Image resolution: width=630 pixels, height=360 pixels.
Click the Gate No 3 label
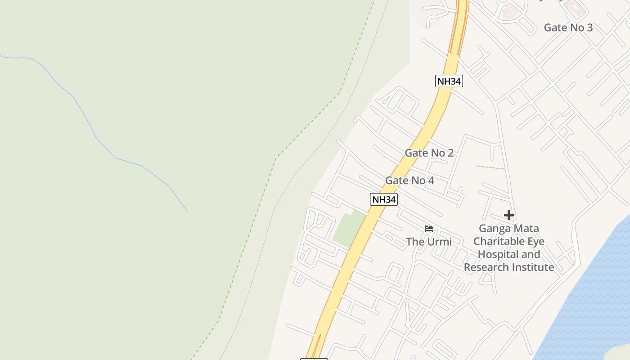click(x=568, y=27)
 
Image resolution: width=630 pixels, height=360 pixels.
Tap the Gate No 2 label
click(x=429, y=153)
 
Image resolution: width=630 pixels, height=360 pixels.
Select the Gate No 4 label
click(x=409, y=181)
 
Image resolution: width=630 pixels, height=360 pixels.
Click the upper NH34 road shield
click(x=449, y=81)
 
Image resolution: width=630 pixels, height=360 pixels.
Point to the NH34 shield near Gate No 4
click(x=384, y=199)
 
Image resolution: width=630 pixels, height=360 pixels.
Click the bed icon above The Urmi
click(x=429, y=229)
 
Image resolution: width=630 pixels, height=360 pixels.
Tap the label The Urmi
click(x=429, y=242)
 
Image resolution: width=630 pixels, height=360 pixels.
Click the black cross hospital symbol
click(x=509, y=216)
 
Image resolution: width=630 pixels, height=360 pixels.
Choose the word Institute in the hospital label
click(x=533, y=267)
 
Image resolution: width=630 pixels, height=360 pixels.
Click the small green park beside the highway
click(x=348, y=229)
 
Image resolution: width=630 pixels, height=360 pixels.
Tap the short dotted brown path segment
click(x=490, y=167)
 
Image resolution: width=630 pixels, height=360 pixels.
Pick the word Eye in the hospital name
click(x=535, y=242)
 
